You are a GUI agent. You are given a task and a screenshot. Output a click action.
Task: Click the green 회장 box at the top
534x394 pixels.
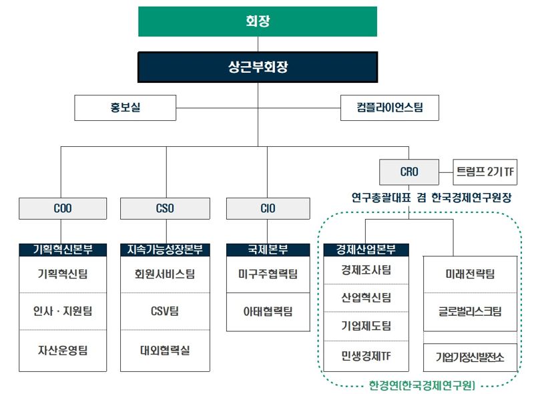[x=258, y=21]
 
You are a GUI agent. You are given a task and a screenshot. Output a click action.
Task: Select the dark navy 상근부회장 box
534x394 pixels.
[x=258, y=67]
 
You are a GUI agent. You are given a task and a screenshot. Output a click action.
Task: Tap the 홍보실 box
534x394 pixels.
[x=125, y=108]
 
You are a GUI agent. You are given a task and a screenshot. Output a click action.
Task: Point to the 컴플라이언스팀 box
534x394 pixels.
[x=390, y=108]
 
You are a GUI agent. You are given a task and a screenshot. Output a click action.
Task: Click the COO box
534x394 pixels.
[x=63, y=208]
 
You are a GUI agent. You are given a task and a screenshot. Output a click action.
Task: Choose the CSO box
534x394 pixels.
[x=165, y=208]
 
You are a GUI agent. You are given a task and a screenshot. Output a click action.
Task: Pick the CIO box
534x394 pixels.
[x=267, y=208]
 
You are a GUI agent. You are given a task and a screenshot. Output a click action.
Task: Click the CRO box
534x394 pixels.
[x=409, y=172]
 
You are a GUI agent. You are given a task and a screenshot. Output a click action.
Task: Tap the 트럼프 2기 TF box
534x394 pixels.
[x=485, y=172]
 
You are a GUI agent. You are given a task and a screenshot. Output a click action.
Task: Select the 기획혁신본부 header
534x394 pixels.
[x=63, y=250]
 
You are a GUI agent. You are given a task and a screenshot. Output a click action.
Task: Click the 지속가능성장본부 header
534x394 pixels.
[x=165, y=250]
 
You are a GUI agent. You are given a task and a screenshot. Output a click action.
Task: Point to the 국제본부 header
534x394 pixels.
[x=267, y=250]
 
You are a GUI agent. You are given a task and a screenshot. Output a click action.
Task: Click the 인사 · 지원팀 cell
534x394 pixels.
[x=63, y=312]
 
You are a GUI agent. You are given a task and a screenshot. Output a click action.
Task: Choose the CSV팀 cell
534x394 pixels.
[x=165, y=312]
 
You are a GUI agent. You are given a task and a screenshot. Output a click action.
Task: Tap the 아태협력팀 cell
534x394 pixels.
[x=267, y=312]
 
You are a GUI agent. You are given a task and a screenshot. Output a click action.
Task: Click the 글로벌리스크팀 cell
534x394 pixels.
[x=470, y=312]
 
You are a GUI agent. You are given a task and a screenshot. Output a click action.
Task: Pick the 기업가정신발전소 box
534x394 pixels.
[x=470, y=357]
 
